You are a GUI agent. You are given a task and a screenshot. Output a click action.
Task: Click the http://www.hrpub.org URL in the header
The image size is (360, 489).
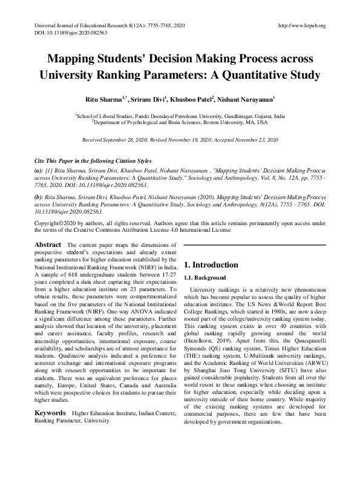coord(301,25)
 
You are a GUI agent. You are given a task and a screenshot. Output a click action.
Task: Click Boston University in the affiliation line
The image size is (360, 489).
coord(216,122)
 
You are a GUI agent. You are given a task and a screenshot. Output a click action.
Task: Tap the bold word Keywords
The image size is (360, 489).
coord(50,413)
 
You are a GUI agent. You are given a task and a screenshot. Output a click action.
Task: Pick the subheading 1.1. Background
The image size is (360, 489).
coord(205,277)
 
